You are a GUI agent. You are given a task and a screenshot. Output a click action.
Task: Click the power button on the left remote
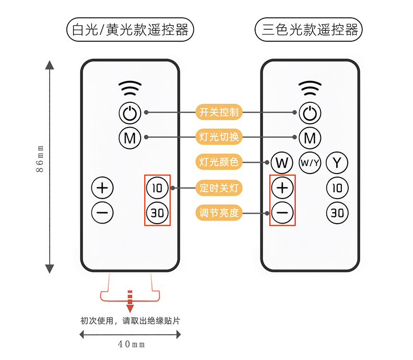tap(130, 112)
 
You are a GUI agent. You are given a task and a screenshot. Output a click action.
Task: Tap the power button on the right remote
tap(310, 112)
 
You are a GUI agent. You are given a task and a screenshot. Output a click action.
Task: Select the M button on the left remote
tap(130, 138)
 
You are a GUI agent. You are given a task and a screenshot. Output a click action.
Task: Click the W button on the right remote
tap(282, 163)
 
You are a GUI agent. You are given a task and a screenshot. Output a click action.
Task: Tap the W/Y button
tap(309, 163)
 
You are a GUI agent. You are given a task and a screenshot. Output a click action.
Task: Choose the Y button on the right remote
tap(337, 163)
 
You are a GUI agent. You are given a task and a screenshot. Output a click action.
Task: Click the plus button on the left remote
tap(102, 187)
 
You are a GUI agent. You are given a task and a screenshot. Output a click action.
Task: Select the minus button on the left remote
tap(102, 212)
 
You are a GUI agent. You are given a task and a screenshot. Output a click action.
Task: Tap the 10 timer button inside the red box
tap(157, 187)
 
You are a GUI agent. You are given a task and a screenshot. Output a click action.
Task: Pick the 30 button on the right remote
tap(337, 212)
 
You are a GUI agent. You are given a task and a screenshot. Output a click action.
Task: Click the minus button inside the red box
tap(282, 213)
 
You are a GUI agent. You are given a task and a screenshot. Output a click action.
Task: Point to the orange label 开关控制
tap(219, 112)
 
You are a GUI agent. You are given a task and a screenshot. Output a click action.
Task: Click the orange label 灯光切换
tap(219, 137)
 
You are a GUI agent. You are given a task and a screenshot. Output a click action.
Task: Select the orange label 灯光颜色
tap(219, 162)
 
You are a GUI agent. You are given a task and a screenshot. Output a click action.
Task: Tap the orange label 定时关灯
tap(219, 188)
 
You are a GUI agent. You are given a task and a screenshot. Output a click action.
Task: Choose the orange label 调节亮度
tap(219, 213)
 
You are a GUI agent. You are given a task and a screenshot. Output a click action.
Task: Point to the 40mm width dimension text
tap(130, 344)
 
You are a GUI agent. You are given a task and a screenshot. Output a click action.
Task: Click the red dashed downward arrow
tap(130, 302)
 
